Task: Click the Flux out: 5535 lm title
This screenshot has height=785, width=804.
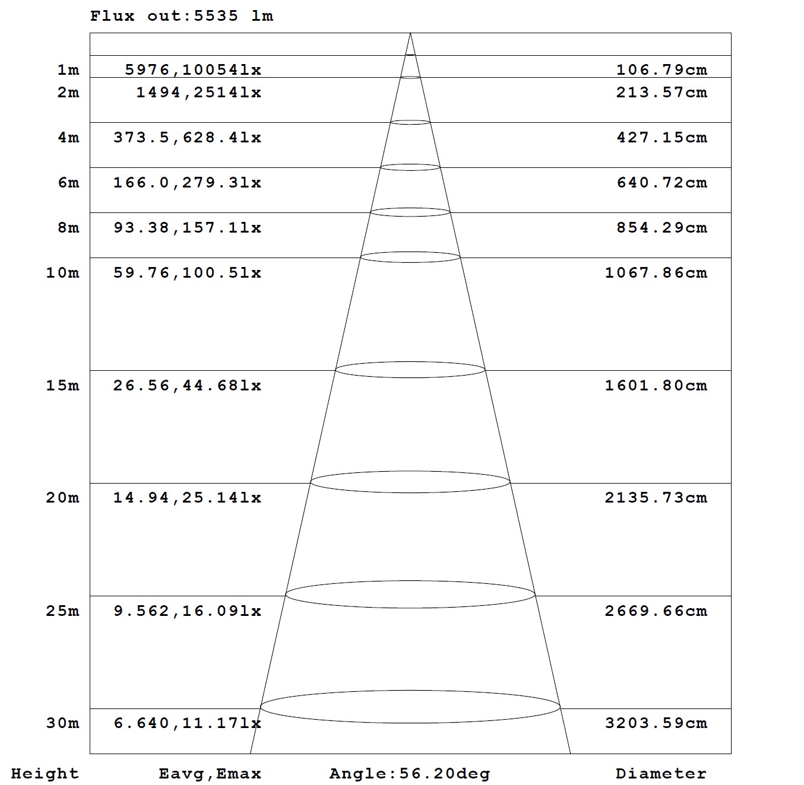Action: (x=182, y=16)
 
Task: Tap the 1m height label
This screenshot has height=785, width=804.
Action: (x=68, y=70)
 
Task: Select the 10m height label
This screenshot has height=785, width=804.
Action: (x=62, y=273)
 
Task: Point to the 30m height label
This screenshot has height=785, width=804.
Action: (x=62, y=723)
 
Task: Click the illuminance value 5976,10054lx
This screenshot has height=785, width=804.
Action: (x=193, y=70)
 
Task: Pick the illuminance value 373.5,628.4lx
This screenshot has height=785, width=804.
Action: (x=187, y=138)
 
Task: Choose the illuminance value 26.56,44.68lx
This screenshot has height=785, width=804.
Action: (x=187, y=386)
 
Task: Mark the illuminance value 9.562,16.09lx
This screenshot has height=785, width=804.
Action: (x=187, y=611)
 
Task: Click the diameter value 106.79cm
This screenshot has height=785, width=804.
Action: (x=661, y=70)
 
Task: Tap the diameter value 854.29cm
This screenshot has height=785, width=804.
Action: (x=661, y=228)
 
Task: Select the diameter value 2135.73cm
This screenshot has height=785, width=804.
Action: (x=656, y=498)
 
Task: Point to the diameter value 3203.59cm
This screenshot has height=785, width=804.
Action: (x=656, y=723)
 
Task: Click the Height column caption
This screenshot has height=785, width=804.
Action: (x=45, y=774)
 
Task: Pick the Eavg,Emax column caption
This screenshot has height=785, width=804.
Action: (x=210, y=774)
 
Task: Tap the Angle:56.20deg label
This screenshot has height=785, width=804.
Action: (x=410, y=774)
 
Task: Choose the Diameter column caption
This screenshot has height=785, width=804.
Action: (x=661, y=774)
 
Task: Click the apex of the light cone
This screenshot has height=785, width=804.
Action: (x=410, y=34)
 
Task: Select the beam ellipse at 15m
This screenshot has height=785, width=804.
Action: (x=410, y=370)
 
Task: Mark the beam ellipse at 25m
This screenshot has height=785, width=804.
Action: (x=410, y=594)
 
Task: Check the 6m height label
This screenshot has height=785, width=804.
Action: (x=68, y=183)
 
